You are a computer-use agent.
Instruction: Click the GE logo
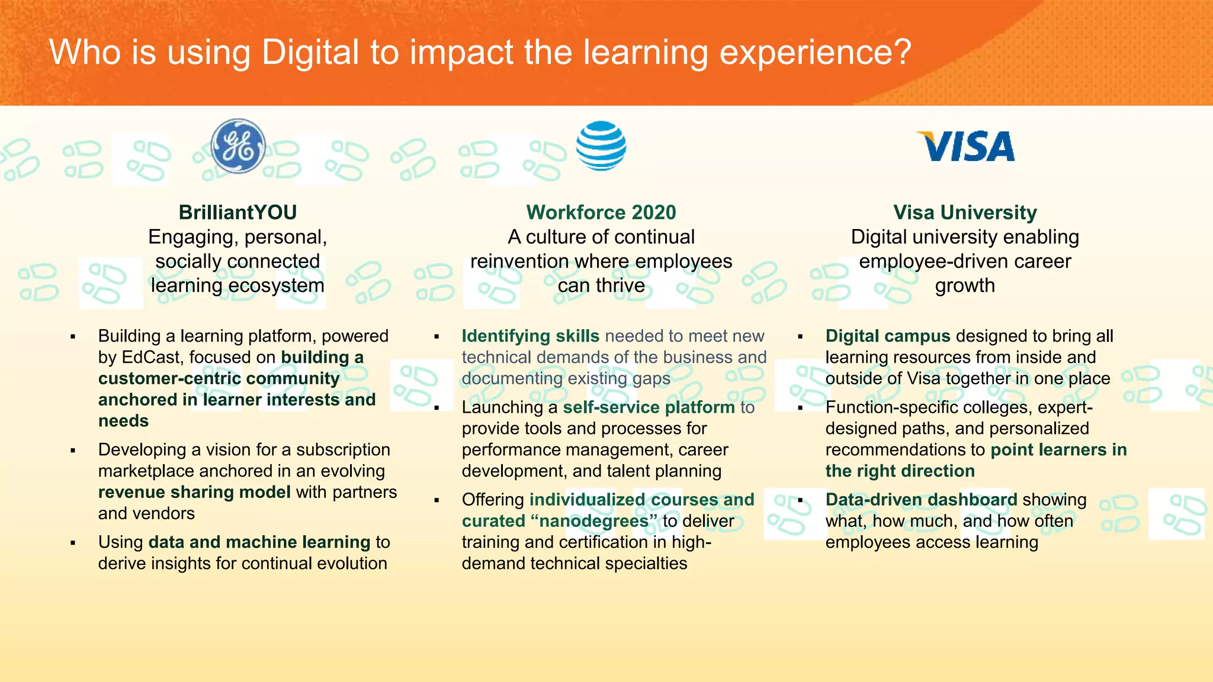[238, 146]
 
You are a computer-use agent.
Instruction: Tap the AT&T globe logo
[601, 146]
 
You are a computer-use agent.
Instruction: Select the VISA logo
[965, 146]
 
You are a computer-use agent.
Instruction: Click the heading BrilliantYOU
[238, 213]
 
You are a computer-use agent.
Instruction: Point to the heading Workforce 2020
[601, 213]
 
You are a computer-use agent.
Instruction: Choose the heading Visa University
[965, 213]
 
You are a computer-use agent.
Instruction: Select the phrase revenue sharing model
[194, 493]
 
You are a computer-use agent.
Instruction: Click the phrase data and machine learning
[259, 542]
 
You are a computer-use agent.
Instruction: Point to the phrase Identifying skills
[530, 336]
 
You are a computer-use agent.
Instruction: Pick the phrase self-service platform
[649, 407]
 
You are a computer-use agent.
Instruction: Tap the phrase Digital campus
[887, 336]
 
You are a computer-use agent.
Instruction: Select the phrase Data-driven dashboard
[921, 500]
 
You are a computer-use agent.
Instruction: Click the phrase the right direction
[900, 471]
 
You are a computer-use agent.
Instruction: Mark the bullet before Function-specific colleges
[800, 408]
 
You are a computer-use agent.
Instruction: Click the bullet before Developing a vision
[73, 451]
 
